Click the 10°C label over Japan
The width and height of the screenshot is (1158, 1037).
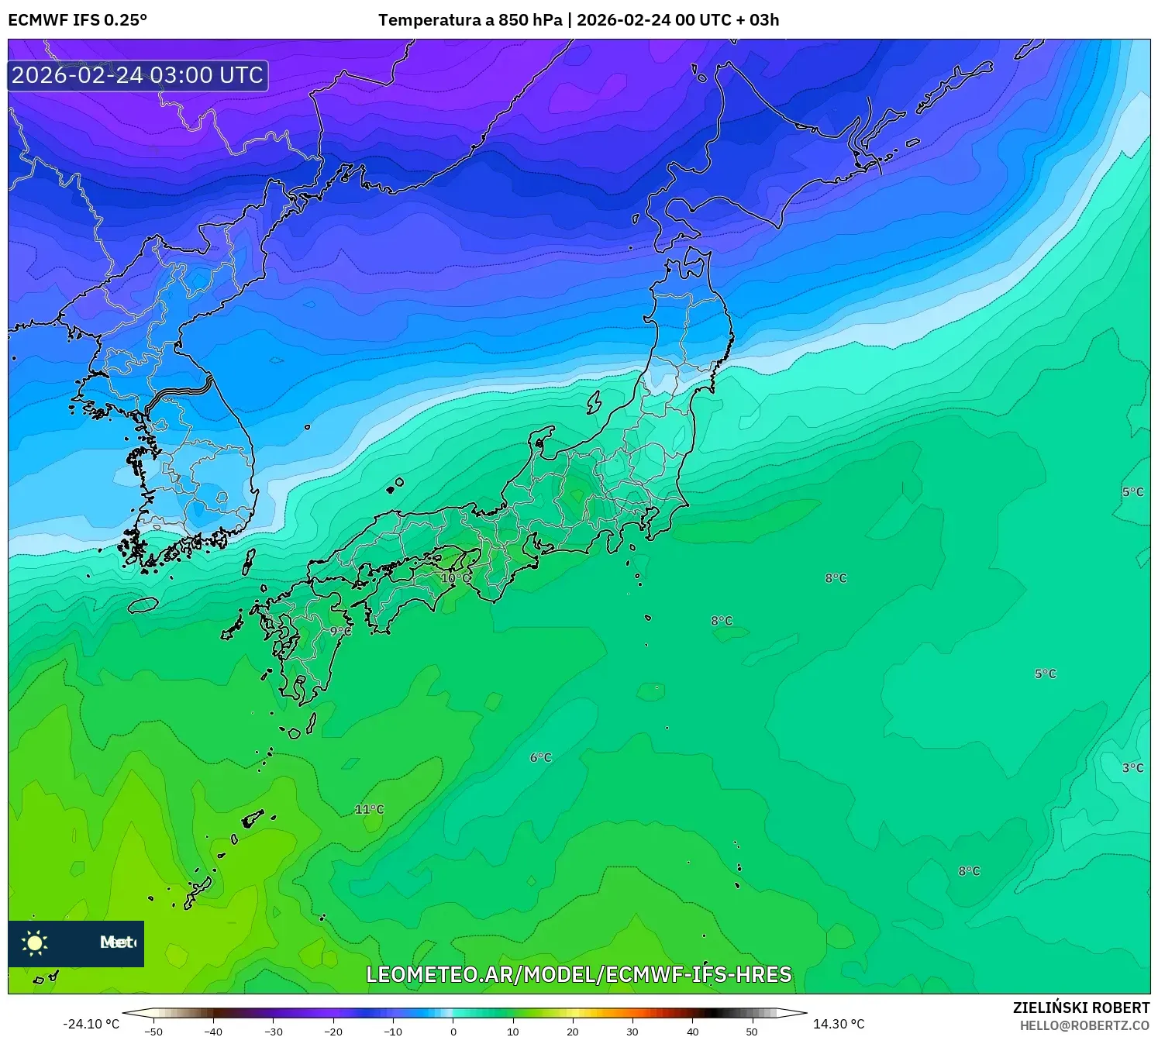(x=455, y=578)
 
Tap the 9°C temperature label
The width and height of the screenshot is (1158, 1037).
(x=340, y=632)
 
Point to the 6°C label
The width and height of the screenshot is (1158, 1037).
(x=541, y=757)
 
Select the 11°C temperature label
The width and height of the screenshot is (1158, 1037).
(x=369, y=809)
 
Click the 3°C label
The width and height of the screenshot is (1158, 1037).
(x=1132, y=768)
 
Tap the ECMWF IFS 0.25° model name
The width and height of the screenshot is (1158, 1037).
(x=78, y=20)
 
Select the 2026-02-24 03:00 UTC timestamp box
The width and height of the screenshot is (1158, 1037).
(x=138, y=75)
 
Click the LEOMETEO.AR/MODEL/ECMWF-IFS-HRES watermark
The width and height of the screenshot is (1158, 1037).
(x=579, y=974)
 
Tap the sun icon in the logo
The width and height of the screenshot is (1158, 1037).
(x=35, y=943)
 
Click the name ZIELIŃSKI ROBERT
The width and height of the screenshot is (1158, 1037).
(x=1081, y=1008)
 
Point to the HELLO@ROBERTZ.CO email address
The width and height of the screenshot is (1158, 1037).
(x=1084, y=1025)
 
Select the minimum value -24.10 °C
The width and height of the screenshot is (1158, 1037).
(x=91, y=1025)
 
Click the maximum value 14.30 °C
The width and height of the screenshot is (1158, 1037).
(x=839, y=1025)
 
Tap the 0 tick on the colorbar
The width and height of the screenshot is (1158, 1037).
(x=453, y=1032)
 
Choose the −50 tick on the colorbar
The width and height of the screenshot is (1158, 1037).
(x=153, y=1032)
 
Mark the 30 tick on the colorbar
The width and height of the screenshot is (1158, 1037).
(x=632, y=1032)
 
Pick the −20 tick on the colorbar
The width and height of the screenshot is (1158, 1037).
(x=333, y=1032)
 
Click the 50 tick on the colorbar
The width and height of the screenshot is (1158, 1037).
(x=752, y=1032)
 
